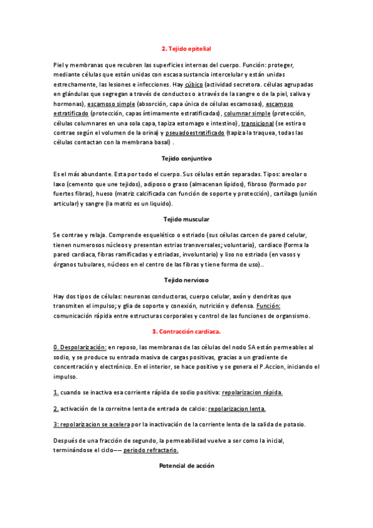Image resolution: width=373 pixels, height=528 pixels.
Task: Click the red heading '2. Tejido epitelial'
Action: [186, 48]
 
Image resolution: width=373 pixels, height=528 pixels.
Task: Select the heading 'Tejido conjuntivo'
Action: [186, 158]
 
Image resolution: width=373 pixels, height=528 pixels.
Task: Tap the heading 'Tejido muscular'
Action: [186, 219]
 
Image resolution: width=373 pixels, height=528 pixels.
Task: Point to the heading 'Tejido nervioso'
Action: [186, 280]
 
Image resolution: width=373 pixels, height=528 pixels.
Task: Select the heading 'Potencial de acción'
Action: [186, 465]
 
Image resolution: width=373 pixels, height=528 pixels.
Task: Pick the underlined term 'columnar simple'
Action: [247, 114]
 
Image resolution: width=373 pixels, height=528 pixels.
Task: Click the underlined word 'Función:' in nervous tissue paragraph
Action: [268, 306]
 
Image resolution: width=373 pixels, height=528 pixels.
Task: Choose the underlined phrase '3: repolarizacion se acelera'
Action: [92, 424]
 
